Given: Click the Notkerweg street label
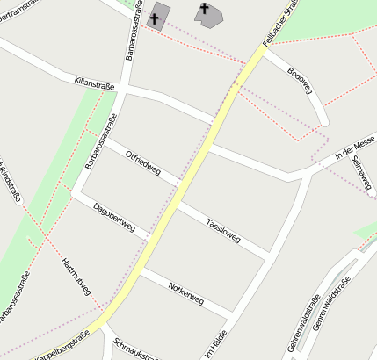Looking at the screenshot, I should [185, 293].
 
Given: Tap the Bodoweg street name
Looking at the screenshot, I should [300, 80].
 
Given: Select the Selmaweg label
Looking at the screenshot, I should [360, 173].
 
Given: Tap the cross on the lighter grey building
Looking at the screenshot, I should [206, 11].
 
